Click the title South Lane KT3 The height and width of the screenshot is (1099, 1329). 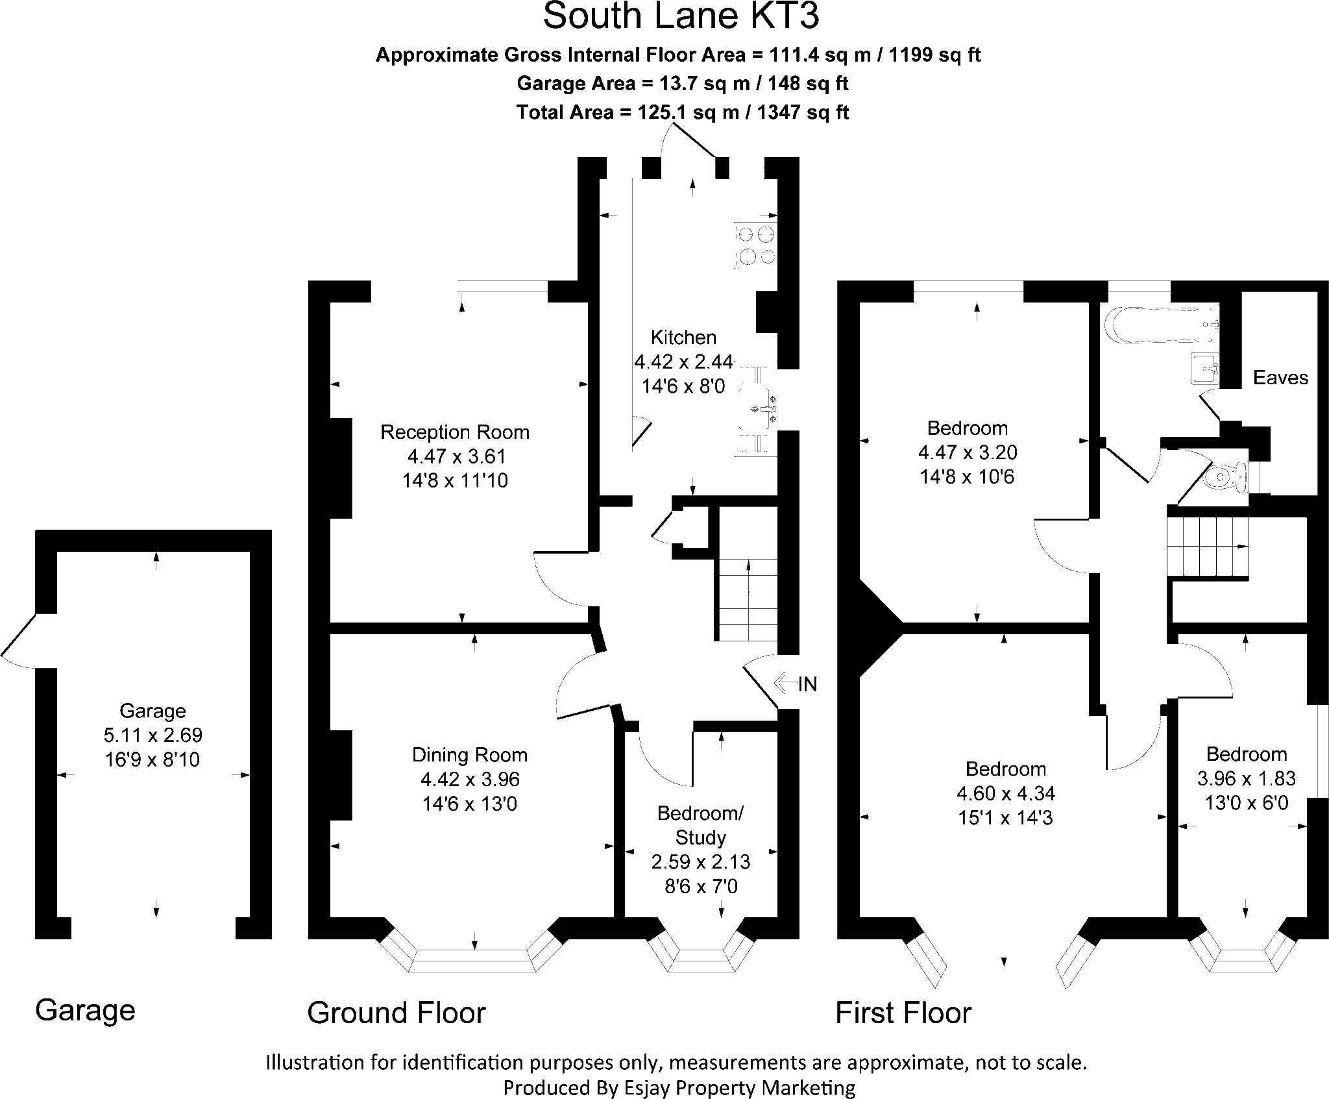coord(681,16)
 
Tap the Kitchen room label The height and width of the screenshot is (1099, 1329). coord(683,337)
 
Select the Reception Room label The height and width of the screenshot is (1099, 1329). coord(455,432)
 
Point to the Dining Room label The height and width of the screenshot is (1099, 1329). coord(470,755)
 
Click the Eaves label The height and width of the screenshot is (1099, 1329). coord(1280,378)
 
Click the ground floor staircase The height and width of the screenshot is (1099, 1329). coord(748,601)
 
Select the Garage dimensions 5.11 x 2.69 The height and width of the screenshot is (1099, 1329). coord(153,735)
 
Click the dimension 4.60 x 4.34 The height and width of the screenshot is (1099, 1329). coord(1006,793)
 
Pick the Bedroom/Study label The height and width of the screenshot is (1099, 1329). coord(701,825)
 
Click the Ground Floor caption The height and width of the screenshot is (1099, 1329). coord(396,1013)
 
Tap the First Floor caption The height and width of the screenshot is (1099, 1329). coord(903,1013)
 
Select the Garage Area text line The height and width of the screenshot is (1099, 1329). coord(683,84)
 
